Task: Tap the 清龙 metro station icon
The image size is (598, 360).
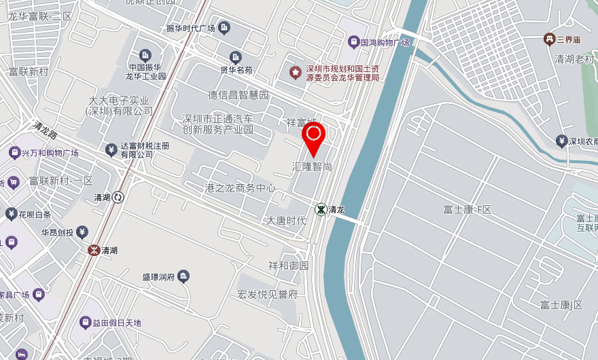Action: coord(319,209)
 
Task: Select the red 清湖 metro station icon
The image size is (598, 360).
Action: coord(93,250)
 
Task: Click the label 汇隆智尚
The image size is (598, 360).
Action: coord(311,166)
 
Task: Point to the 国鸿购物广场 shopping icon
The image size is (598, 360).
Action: coord(353,42)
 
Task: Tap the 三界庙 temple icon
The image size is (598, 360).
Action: coord(548,39)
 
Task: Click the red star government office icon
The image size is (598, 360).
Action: coord(295,72)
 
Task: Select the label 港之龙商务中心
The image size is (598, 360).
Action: coord(240,187)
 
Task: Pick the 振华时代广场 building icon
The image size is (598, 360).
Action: coord(225,28)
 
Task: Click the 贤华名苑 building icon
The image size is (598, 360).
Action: coord(236,57)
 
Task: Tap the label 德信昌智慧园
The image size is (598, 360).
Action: coord(238,94)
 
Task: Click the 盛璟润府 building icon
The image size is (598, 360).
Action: coord(183,276)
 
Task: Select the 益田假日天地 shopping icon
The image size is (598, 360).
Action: coord(86,322)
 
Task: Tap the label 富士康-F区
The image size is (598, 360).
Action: coord(466,209)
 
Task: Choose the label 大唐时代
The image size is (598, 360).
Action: coord(285,221)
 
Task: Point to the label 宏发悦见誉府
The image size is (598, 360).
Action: coord(268,294)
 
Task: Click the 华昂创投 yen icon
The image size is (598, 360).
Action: coord(82,232)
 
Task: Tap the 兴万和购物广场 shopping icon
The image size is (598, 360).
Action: coord(14,152)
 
